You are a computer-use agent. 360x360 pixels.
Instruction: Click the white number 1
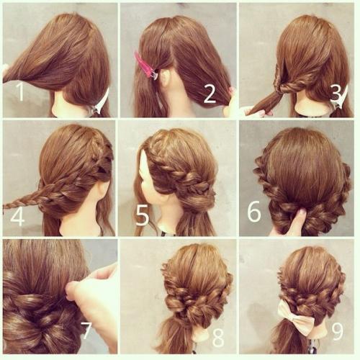pyautogui.click(x=21, y=91)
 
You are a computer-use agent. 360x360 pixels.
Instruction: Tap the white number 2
pyautogui.click(x=210, y=94)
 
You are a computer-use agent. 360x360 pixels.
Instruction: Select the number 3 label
pyautogui.click(x=336, y=93)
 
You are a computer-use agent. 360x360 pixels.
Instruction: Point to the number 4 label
pyautogui.click(x=17, y=217)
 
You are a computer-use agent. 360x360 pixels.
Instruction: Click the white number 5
pyautogui.click(x=143, y=216)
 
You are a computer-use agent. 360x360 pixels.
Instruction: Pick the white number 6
pyautogui.click(x=254, y=212)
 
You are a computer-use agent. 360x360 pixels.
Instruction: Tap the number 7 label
pyautogui.click(x=86, y=330)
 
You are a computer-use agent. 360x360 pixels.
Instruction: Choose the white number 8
pyautogui.click(x=218, y=338)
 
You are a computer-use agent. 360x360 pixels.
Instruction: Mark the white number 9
pyautogui.click(x=337, y=330)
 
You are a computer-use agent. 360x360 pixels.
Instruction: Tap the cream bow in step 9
pyautogui.click(x=297, y=315)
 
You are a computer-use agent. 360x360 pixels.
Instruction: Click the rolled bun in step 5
pyautogui.click(x=199, y=200)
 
